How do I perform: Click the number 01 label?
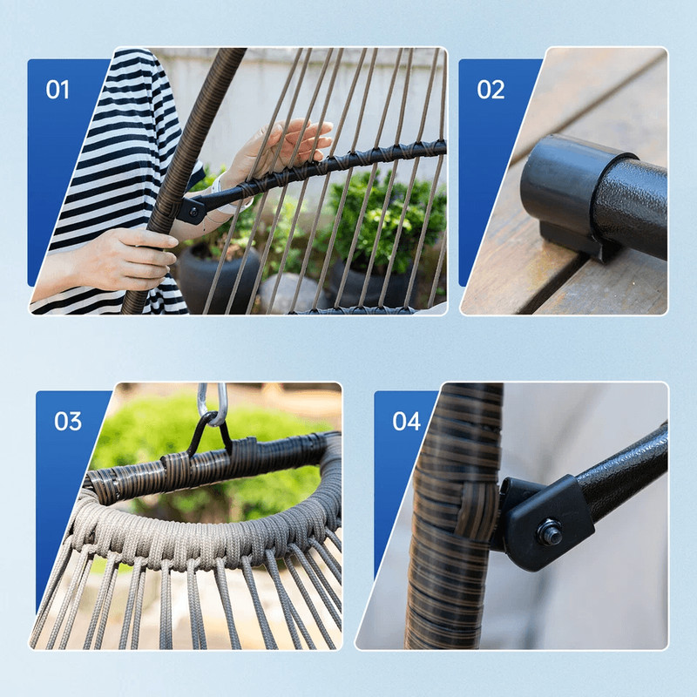(x=58, y=90)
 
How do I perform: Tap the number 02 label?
(x=491, y=90)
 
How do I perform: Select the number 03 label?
(x=68, y=421)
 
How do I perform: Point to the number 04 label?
(x=406, y=422)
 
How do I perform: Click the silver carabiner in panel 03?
(x=212, y=403)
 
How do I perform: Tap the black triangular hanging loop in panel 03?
(x=209, y=436)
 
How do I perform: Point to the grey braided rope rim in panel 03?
(x=200, y=531)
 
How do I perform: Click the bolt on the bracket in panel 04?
(x=549, y=531)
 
